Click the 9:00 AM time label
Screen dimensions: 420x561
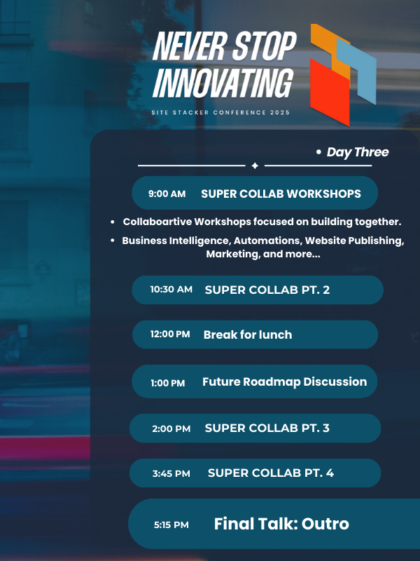(167, 194)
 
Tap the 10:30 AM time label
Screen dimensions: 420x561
(171, 289)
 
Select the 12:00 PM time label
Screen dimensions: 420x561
(170, 334)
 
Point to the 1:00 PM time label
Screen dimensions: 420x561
(168, 383)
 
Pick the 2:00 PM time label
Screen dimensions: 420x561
(171, 428)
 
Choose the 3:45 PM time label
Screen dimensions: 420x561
(171, 473)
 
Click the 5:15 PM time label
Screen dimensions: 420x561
(171, 525)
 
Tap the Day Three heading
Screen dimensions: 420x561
(358, 152)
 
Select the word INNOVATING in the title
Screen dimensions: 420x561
(223, 83)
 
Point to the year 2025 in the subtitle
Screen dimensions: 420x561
(280, 112)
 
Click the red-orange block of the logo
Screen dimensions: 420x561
(330, 92)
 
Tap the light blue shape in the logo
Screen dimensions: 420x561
(357, 71)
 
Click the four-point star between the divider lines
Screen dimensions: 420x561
(255, 165)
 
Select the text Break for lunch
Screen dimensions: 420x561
(248, 334)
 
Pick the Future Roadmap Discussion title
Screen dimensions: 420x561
(285, 381)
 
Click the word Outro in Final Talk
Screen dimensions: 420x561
(325, 524)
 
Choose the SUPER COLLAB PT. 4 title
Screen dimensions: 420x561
(271, 473)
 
